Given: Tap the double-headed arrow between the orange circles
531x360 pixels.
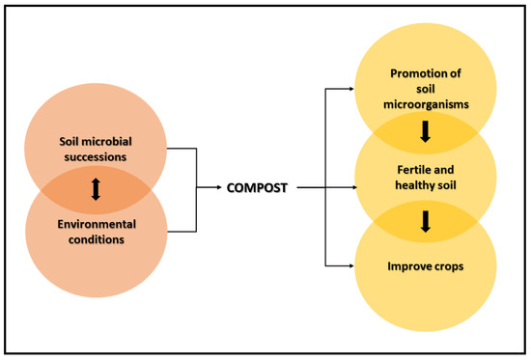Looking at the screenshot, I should point(95,189).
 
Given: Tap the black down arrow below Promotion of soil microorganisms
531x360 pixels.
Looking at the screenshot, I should point(423,130).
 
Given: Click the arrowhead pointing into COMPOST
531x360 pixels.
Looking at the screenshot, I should point(220,188).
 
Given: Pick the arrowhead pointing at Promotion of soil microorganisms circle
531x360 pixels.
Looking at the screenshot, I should point(349,88).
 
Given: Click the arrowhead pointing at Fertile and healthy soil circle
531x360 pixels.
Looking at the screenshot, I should point(349,188).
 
